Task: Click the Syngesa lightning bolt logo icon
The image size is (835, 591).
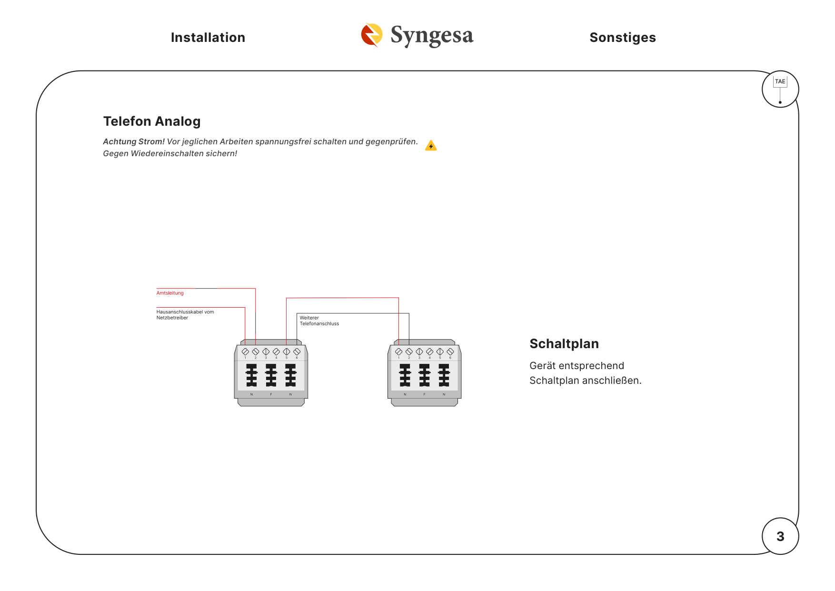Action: (x=372, y=35)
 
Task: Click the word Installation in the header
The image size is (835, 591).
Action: (x=208, y=38)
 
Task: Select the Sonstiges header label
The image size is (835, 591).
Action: (x=623, y=38)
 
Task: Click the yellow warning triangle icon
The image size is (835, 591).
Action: (x=431, y=145)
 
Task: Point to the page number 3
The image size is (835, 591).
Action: (x=780, y=536)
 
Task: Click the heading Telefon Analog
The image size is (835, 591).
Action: (x=152, y=121)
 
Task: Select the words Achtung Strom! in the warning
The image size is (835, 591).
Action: (x=134, y=141)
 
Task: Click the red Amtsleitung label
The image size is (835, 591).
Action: (x=170, y=293)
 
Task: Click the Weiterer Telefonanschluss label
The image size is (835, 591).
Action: (x=319, y=321)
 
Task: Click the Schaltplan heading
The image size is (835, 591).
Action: (x=564, y=344)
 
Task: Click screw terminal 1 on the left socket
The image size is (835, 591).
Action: (x=245, y=351)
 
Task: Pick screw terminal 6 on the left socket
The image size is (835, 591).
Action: (x=297, y=351)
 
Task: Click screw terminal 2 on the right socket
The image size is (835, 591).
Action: (x=409, y=351)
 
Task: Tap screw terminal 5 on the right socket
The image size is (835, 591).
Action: (x=440, y=351)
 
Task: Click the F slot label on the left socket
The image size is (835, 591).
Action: (x=271, y=394)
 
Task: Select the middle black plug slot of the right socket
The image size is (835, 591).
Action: (x=424, y=375)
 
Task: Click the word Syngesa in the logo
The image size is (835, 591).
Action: (x=432, y=35)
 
